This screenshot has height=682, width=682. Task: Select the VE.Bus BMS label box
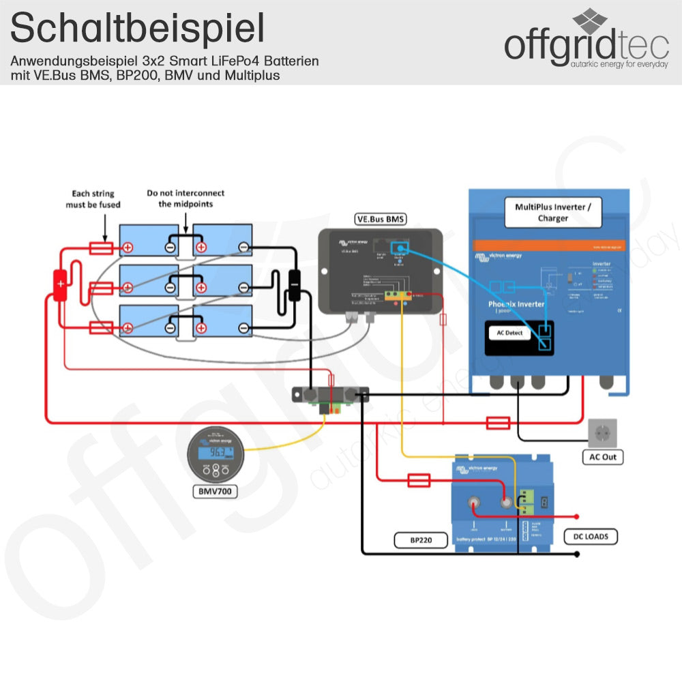(x=380, y=219)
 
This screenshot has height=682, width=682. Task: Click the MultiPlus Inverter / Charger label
(x=552, y=212)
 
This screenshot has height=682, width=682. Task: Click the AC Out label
(x=603, y=457)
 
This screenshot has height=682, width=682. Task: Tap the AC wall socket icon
(x=602, y=433)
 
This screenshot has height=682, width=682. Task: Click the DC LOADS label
(x=591, y=537)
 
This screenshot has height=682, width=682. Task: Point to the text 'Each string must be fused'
(x=93, y=199)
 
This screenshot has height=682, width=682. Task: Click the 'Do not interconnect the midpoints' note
(x=186, y=198)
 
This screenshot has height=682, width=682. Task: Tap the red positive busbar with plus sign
(x=60, y=284)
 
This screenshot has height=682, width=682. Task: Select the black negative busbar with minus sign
(x=295, y=284)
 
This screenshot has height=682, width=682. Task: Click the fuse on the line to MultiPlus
(x=498, y=424)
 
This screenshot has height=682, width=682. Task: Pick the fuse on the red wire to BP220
(x=418, y=481)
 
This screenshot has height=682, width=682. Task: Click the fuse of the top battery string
(x=101, y=248)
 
